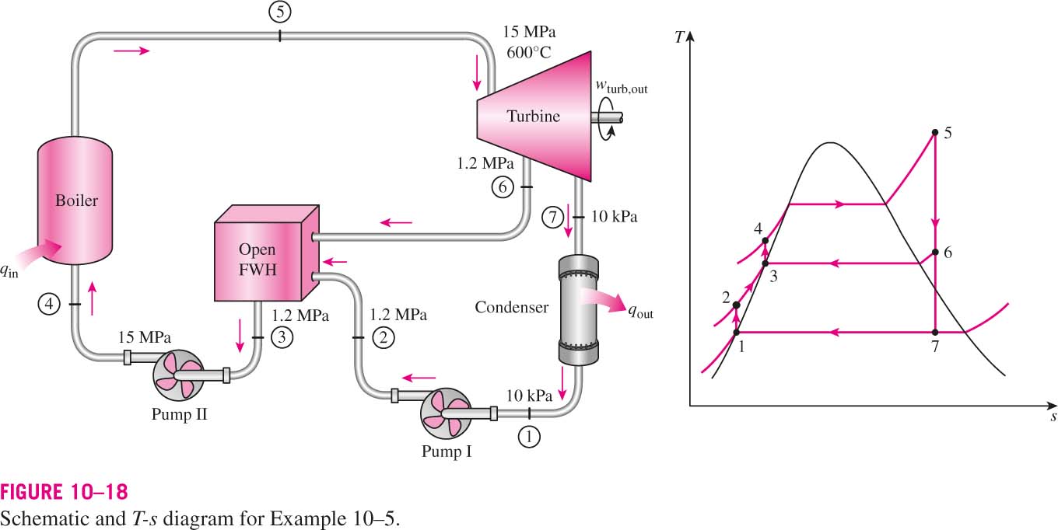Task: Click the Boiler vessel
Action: click(x=75, y=200)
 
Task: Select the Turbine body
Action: click(x=534, y=116)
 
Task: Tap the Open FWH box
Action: click(x=267, y=253)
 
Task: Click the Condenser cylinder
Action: click(x=579, y=310)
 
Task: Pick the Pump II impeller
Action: click(x=179, y=375)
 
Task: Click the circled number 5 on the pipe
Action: click(x=280, y=12)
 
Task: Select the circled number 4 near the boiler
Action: click(x=49, y=305)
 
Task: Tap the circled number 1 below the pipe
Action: click(x=529, y=437)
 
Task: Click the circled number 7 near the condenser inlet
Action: click(x=552, y=218)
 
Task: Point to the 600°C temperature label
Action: click(x=528, y=52)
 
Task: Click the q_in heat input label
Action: click(x=9, y=271)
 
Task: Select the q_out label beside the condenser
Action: click(x=641, y=312)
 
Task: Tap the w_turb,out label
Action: click(x=622, y=87)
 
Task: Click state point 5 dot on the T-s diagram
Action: click(x=935, y=133)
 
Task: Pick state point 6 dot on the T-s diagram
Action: click(x=935, y=253)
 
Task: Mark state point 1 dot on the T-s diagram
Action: click(x=736, y=333)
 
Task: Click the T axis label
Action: click(x=679, y=37)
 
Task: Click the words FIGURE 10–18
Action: click(x=64, y=492)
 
